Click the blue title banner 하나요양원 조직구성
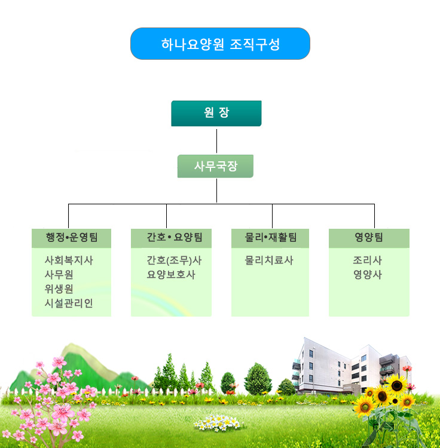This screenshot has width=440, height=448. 220,44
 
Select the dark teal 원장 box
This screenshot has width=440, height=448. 216,113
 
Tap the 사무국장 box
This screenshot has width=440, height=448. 215,166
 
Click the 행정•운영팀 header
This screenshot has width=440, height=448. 72,238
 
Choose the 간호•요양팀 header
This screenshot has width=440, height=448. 171,238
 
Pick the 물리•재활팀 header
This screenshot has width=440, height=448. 270,238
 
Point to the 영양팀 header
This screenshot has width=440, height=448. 369,238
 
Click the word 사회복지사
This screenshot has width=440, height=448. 69,260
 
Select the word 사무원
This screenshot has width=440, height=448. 59,275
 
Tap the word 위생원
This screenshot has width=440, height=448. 59,289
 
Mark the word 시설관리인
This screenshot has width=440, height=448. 69,303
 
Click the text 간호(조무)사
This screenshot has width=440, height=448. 174,260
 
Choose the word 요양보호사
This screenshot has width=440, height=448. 171,275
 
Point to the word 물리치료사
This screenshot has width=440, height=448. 269,260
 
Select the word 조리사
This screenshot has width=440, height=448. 368,260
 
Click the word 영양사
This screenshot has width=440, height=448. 368,275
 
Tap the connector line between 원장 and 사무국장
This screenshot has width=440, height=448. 216,141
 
